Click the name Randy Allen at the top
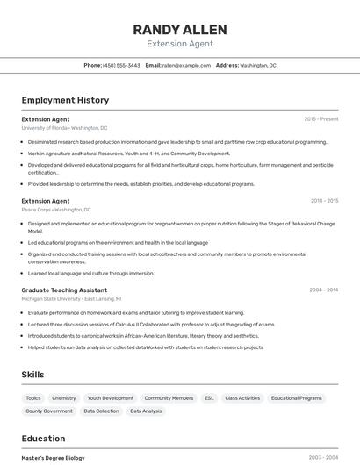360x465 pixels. (x=179, y=29)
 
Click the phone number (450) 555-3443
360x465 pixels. (x=121, y=65)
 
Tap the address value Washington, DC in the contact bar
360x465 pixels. (x=258, y=65)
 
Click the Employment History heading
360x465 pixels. (x=65, y=100)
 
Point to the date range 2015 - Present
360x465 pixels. (x=321, y=118)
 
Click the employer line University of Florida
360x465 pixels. (x=64, y=128)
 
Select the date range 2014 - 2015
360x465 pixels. (x=323, y=200)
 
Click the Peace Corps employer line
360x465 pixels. (x=56, y=210)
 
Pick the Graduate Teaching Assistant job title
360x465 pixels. (x=64, y=290)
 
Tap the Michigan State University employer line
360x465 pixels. (x=71, y=299)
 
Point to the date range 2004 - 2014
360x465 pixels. (x=323, y=290)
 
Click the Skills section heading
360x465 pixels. (x=32, y=375)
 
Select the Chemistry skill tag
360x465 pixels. (x=64, y=398)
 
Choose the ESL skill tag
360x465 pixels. (x=209, y=398)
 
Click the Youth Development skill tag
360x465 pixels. (x=111, y=398)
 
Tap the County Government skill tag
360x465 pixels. (x=49, y=411)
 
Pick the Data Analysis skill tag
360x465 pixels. (x=146, y=411)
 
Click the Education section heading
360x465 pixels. (x=43, y=439)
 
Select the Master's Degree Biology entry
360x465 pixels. (x=53, y=457)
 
